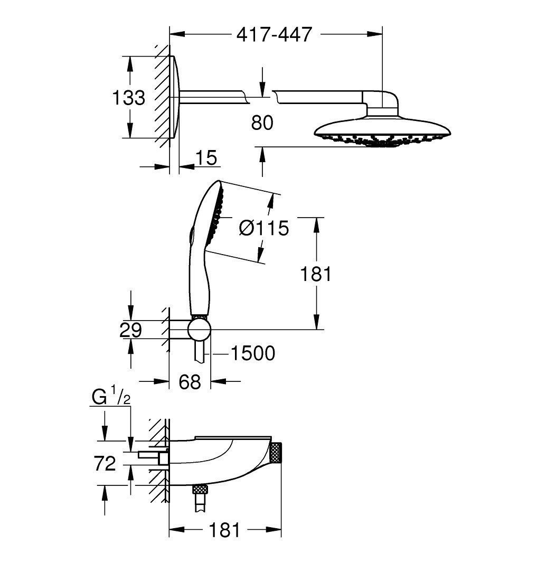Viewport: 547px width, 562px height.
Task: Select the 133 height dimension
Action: [129, 97]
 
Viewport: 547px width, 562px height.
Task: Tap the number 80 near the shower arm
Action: [262, 123]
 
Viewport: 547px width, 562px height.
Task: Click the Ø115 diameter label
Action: [264, 228]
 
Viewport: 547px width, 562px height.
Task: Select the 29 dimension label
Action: [130, 330]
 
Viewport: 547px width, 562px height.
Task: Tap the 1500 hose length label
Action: [252, 353]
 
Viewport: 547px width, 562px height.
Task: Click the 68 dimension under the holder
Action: [190, 382]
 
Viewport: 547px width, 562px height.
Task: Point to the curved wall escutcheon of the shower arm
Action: [176, 97]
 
